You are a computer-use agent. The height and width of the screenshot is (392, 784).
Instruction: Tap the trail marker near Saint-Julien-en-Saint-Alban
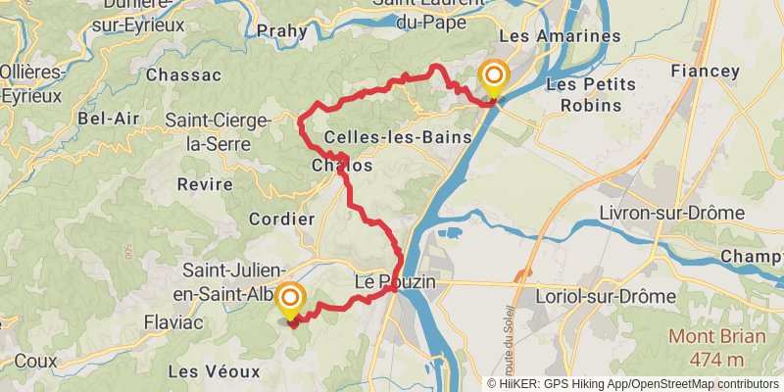tap(291, 299)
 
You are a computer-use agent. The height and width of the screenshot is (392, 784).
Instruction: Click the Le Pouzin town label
tap(394, 282)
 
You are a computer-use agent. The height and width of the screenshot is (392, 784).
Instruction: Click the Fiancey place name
tap(706, 71)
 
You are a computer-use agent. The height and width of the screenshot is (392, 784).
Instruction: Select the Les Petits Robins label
tap(585, 94)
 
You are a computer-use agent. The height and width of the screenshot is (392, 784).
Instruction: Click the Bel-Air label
tap(109, 119)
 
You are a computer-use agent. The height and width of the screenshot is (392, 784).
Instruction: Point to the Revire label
tap(206, 184)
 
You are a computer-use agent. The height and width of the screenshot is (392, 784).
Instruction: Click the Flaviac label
tap(173, 321)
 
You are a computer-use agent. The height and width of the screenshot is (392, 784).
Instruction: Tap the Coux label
tap(36, 361)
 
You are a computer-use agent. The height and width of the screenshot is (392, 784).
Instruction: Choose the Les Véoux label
tap(214, 371)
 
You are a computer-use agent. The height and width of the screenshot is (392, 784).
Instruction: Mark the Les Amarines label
tap(560, 36)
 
